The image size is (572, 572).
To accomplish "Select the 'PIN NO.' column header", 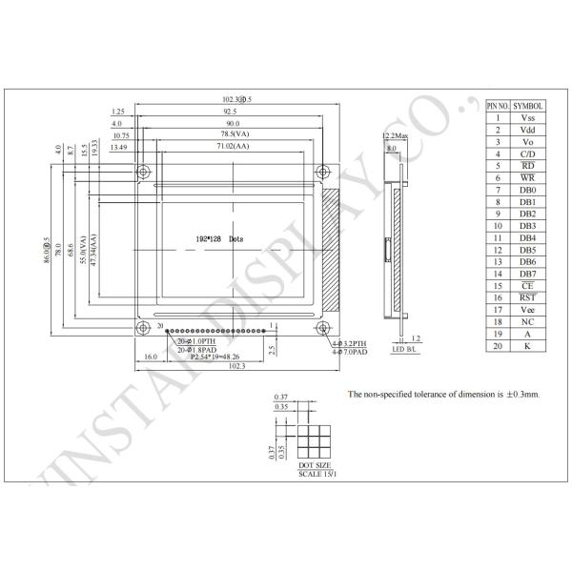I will tap(499, 106).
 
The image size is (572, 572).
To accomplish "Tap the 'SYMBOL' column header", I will tap(528, 106).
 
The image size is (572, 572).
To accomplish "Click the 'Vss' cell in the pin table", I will tap(528, 118).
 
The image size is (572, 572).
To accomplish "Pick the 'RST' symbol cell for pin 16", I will tap(528, 297).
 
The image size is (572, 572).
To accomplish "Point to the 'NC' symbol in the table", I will tap(528, 321).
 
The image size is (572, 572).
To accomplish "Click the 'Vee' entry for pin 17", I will tap(528, 310).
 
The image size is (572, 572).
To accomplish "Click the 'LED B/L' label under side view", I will tap(405, 351).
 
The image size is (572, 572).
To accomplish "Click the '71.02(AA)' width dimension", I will tap(233, 147).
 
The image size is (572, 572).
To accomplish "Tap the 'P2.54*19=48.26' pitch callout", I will tap(214, 357).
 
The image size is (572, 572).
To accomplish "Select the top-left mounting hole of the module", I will tap(143, 173).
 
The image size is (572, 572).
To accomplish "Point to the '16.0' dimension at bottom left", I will tap(150, 357).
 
